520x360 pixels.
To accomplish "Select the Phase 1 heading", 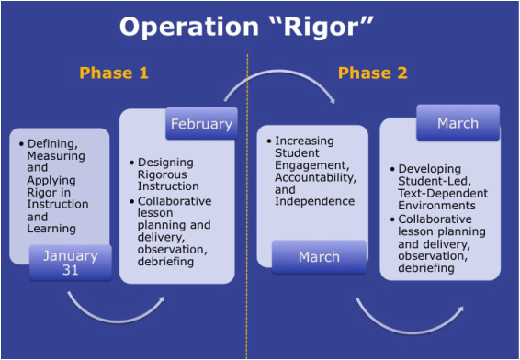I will pyautogui.click(x=114, y=73).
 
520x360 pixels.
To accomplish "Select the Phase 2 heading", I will pyautogui.click(x=373, y=73).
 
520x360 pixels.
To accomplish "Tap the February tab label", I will pyautogui.click(x=201, y=123).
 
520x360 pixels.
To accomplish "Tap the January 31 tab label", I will pyautogui.click(x=69, y=263).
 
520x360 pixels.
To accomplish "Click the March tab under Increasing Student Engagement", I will pyautogui.click(x=319, y=257).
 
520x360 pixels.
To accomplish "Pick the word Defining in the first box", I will pyautogui.click(x=53, y=144).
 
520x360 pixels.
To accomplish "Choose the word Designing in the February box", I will pyautogui.click(x=168, y=163).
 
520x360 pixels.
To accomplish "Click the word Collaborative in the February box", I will pyautogui.click(x=175, y=200).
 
